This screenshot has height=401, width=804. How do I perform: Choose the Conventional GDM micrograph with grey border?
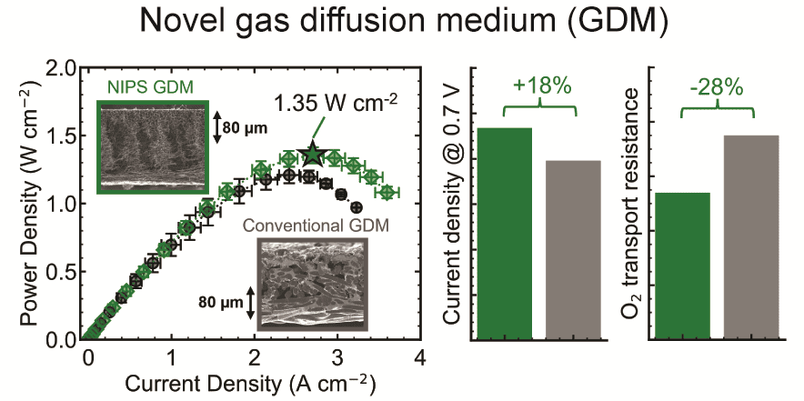click(x=312, y=284)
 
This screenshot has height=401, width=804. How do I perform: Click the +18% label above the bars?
click(x=541, y=85)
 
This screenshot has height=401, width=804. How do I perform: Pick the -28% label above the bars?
click(x=718, y=87)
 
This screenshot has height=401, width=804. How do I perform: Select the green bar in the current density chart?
click(x=505, y=234)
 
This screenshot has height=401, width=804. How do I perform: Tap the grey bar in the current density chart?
click(x=573, y=250)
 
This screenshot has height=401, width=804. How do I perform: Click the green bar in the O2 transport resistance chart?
click(x=682, y=266)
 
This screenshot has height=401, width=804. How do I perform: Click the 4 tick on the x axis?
click(x=420, y=356)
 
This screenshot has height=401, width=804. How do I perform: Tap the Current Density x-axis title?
click(x=251, y=383)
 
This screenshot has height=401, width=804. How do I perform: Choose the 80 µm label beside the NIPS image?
click(x=245, y=127)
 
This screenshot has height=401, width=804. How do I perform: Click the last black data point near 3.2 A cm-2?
click(x=357, y=207)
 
